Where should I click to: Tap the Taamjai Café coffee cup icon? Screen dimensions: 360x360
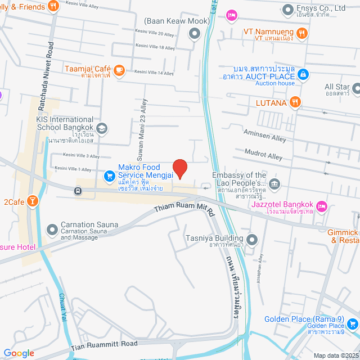click(x=119, y=70)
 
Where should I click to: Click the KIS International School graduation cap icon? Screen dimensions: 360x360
click(x=101, y=128)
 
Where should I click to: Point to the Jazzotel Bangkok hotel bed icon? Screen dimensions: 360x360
click(x=322, y=206)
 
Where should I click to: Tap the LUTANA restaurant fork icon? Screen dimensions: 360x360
click(x=295, y=102)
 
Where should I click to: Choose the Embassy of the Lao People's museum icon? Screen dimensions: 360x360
click(x=274, y=183)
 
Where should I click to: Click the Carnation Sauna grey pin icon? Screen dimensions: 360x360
click(x=52, y=229)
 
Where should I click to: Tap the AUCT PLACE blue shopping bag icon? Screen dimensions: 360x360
click(x=303, y=74)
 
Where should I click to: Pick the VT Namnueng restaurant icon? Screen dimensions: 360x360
click(x=301, y=33)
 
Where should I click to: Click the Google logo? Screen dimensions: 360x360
click(x=19, y=353)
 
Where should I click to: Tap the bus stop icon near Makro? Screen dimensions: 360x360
click(x=78, y=190)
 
